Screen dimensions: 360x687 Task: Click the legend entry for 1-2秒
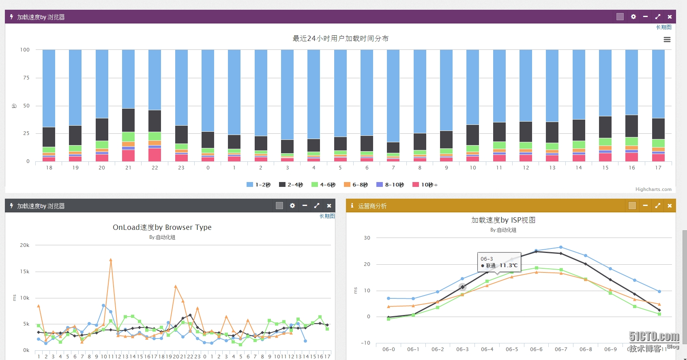(x=259, y=185)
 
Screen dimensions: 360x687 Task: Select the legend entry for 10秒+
(x=425, y=185)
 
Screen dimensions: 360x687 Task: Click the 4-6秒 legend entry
(x=324, y=185)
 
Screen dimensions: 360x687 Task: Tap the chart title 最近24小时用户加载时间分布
(x=341, y=39)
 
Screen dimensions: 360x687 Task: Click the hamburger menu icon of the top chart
(x=667, y=39)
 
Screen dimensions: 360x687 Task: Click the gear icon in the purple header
(x=633, y=17)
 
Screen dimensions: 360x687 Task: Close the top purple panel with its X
(x=670, y=17)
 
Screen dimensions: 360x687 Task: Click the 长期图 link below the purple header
(x=663, y=27)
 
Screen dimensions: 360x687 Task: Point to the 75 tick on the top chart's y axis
(x=26, y=78)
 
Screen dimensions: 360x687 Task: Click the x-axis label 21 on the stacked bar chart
(x=128, y=168)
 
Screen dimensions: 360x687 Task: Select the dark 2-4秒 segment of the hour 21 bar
(x=128, y=120)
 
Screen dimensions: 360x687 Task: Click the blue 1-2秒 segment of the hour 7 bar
(x=393, y=95)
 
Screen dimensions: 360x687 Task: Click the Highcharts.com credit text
(x=653, y=189)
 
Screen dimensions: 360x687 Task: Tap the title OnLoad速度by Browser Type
(x=162, y=227)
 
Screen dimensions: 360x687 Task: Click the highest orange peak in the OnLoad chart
(x=111, y=260)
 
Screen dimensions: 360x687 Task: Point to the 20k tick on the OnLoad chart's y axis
(x=25, y=245)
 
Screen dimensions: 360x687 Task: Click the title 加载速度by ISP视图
(x=503, y=220)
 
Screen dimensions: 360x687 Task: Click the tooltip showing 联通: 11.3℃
(x=499, y=262)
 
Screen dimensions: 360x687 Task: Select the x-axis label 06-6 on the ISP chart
(x=536, y=349)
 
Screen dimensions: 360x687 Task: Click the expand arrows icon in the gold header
(x=657, y=206)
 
